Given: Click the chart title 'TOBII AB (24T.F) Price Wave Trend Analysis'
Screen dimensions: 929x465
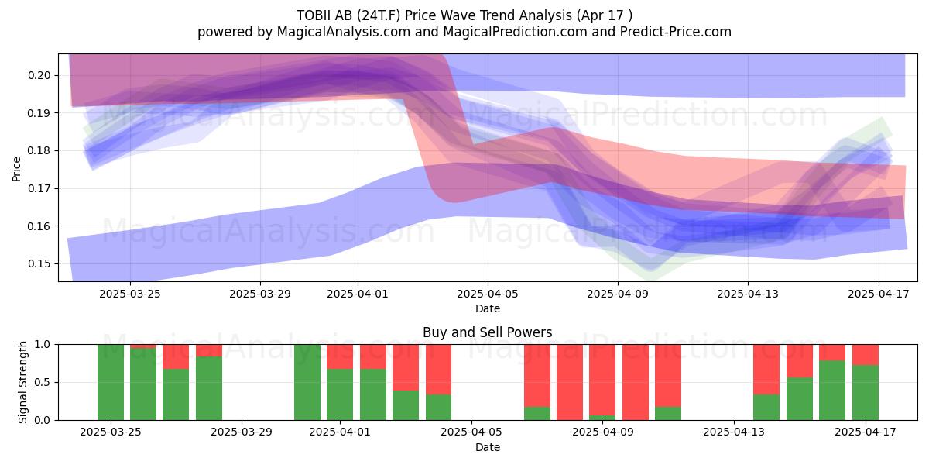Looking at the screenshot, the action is (x=434, y=15).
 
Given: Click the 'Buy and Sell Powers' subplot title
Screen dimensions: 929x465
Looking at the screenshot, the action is (x=487, y=332).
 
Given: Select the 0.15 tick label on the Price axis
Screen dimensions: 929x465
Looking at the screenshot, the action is (x=39, y=263).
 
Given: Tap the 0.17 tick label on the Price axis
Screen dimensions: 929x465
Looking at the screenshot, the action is (x=39, y=188).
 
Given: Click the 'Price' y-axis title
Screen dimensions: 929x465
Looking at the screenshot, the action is (x=16, y=169).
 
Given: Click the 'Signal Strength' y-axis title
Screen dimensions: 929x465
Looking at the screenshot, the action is (x=22, y=382).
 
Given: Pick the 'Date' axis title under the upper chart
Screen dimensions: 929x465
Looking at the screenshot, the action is (x=487, y=308).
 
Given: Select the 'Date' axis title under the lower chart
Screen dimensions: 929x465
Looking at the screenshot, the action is (x=487, y=447).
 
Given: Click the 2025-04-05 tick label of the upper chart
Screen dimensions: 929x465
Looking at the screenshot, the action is (x=487, y=294).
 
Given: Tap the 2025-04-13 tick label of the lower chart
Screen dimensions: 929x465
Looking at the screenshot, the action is (x=734, y=432).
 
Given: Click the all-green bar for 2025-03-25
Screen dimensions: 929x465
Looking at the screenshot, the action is (x=110, y=382).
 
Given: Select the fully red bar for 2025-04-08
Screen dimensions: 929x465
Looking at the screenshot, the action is (x=570, y=382).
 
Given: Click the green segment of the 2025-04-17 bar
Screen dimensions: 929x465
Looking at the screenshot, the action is (x=866, y=392).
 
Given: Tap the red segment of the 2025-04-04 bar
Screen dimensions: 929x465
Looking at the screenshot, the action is (x=438, y=370).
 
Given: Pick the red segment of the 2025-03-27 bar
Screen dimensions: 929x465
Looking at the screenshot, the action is (x=176, y=356).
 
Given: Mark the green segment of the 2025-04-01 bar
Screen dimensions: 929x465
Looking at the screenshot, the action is (x=340, y=394).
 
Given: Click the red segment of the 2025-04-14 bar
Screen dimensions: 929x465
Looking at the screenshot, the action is (x=766, y=370).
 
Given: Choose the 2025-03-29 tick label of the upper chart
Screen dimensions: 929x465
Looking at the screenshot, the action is (x=260, y=294).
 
